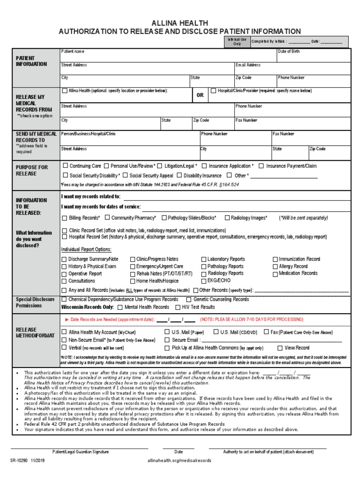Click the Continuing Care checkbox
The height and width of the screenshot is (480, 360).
point(65,166)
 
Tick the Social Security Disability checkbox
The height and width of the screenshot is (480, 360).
point(65,176)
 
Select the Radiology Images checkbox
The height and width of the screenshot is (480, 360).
point(227,218)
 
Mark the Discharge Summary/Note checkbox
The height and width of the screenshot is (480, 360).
point(64,259)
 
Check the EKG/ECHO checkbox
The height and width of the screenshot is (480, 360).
point(203,281)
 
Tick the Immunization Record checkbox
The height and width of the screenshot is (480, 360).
point(275,259)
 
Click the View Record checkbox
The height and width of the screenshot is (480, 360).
point(280,348)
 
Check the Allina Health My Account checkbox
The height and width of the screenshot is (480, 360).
point(64,332)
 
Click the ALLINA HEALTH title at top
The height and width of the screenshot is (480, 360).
point(180,23)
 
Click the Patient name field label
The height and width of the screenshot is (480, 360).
point(73,51)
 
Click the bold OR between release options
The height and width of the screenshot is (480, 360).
point(200,95)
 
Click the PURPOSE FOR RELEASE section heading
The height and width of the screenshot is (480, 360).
point(32,170)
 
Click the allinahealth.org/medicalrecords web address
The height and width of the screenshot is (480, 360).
point(179,461)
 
